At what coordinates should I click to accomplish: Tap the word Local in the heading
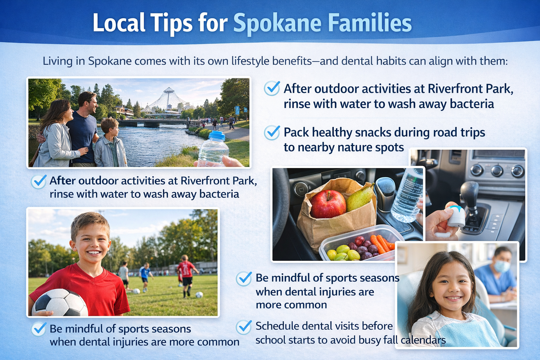119,23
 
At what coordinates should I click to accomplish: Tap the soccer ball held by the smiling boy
60,303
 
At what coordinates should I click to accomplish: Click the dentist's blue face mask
502,266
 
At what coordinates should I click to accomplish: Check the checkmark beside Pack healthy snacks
272,133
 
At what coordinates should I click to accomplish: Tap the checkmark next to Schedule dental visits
244,327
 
